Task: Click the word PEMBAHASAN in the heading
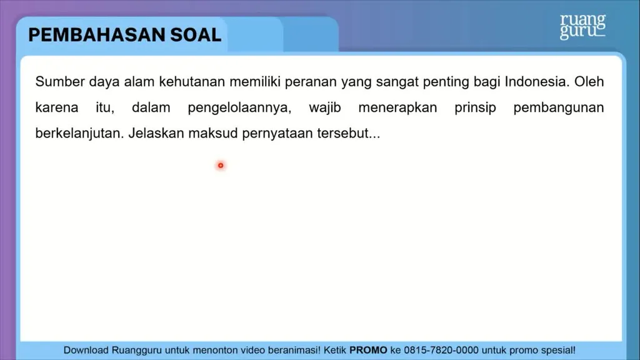coord(96,35)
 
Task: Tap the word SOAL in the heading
coord(196,35)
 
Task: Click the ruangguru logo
coord(582,27)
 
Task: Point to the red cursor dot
coord(221,165)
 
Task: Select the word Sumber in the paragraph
coord(59,82)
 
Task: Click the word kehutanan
coord(192,82)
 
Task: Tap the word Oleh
coord(589,82)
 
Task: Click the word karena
coord(57,107)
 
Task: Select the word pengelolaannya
coord(239,108)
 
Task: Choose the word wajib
coord(325,108)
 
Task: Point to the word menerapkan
coord(397,108)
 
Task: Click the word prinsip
coord(475,108)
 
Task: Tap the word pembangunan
coord(558,108)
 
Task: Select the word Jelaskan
coord(156,134)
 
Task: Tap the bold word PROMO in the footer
coord(368,350)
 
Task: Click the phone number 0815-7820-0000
coord(441,350)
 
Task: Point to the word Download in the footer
coord(86,350)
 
